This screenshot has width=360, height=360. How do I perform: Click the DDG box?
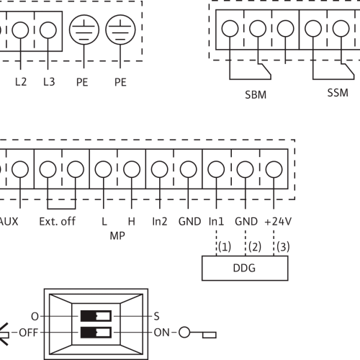click(245, 268)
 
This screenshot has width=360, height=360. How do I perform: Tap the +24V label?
click(278, 222)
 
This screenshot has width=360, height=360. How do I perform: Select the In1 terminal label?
click(216, 222)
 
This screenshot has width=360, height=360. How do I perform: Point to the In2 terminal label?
click(160, 222)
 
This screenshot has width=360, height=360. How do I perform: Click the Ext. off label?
click(57, 222)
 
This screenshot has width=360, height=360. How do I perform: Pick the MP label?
click(117, 236)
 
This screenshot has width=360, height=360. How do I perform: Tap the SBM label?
click(256, 95)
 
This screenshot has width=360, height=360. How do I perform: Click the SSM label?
click(338, 93)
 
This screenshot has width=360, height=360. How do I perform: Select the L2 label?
click(21, 82)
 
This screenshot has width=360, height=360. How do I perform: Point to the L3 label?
click(49, 82)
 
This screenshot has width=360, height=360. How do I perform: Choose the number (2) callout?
click(255, 247)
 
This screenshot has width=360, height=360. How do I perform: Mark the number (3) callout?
click(283, 247)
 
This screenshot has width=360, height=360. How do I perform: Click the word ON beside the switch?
click(161, 333)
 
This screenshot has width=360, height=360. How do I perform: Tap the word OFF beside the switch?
click(28, 333)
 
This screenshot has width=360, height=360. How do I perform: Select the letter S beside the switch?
click(156, 316)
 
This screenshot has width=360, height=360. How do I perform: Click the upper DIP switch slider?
click(96, 316)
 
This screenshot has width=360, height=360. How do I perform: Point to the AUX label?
click(9, 222)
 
